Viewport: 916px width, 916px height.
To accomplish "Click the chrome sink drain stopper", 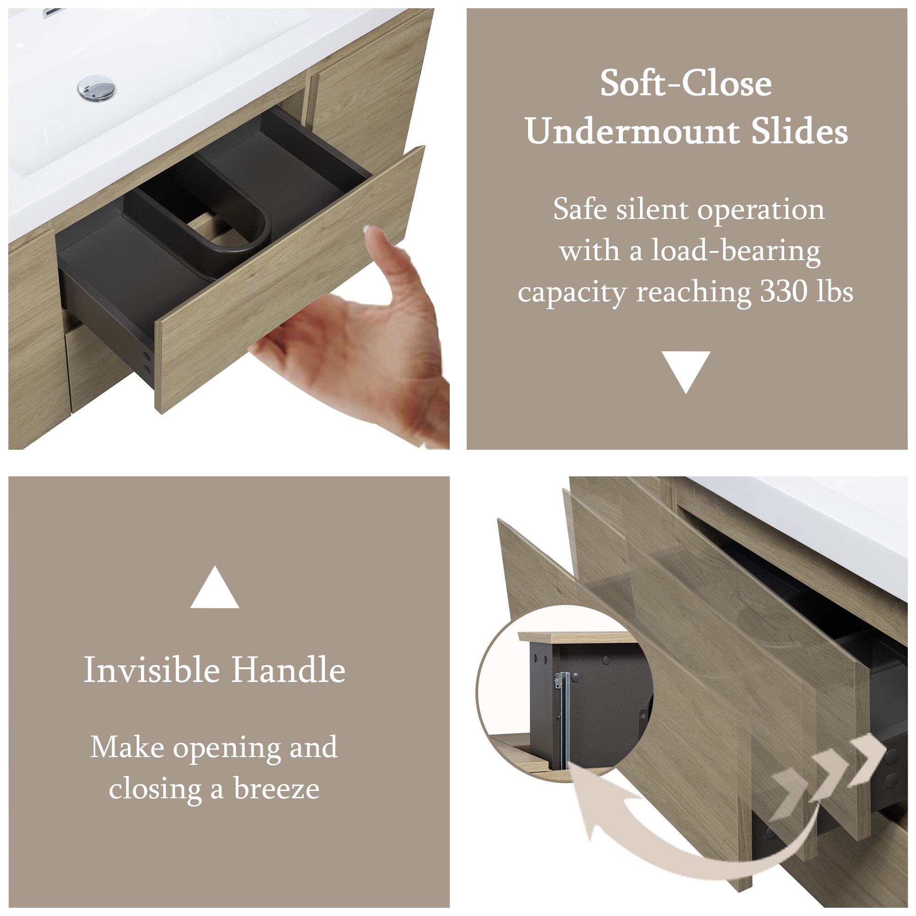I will (x=96, y=88).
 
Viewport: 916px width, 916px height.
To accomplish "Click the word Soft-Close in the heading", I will (x=686, y=83).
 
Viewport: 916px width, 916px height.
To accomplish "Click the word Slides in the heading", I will (x=800, y=131).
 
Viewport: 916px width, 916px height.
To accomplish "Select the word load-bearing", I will (x=736, y=251).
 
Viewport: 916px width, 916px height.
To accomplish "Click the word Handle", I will (x=288, y=670).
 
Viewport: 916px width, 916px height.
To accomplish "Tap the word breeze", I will (x=277, y=789).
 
